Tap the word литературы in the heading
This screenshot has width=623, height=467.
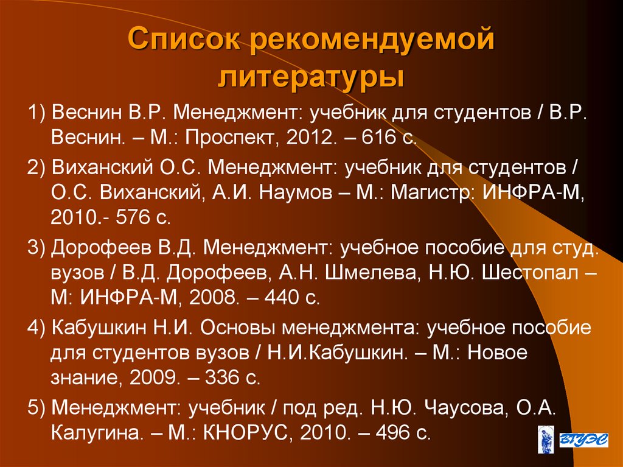tap(311, 79)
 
